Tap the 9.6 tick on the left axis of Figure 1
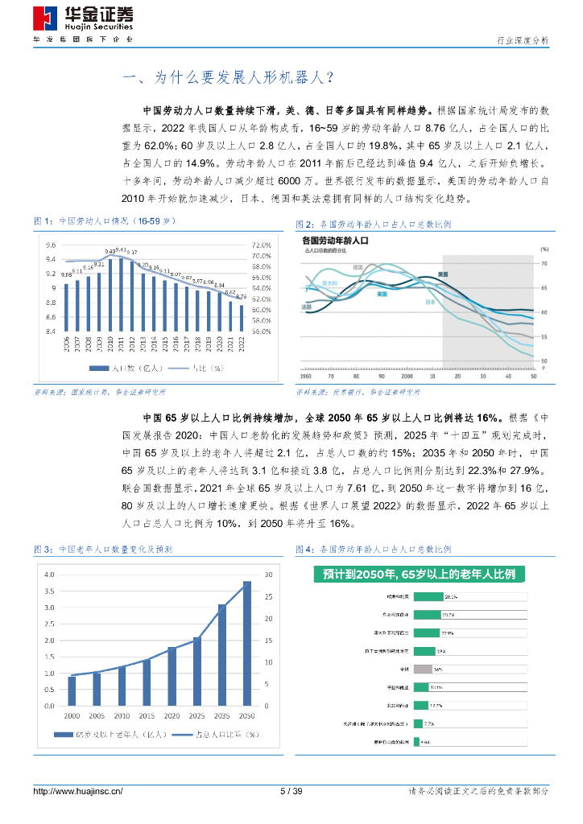point(51,245)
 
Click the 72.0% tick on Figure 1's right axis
point(261,245)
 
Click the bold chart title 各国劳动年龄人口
point(334,240)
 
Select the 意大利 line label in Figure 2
point(329,283)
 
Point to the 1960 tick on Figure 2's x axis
point(306,376)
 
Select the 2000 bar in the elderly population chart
point(72,690)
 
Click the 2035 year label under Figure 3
point(221,715)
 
